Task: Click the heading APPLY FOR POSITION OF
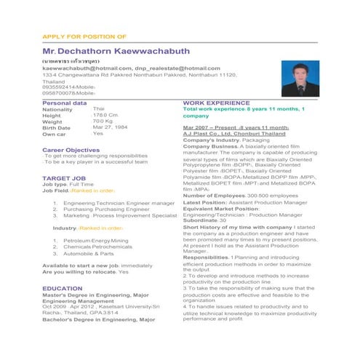(x=84, y=36)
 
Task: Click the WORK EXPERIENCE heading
(x=217, y=103)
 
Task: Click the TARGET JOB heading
(x=64, y=177)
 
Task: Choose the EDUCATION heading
(x=62, y=289)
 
